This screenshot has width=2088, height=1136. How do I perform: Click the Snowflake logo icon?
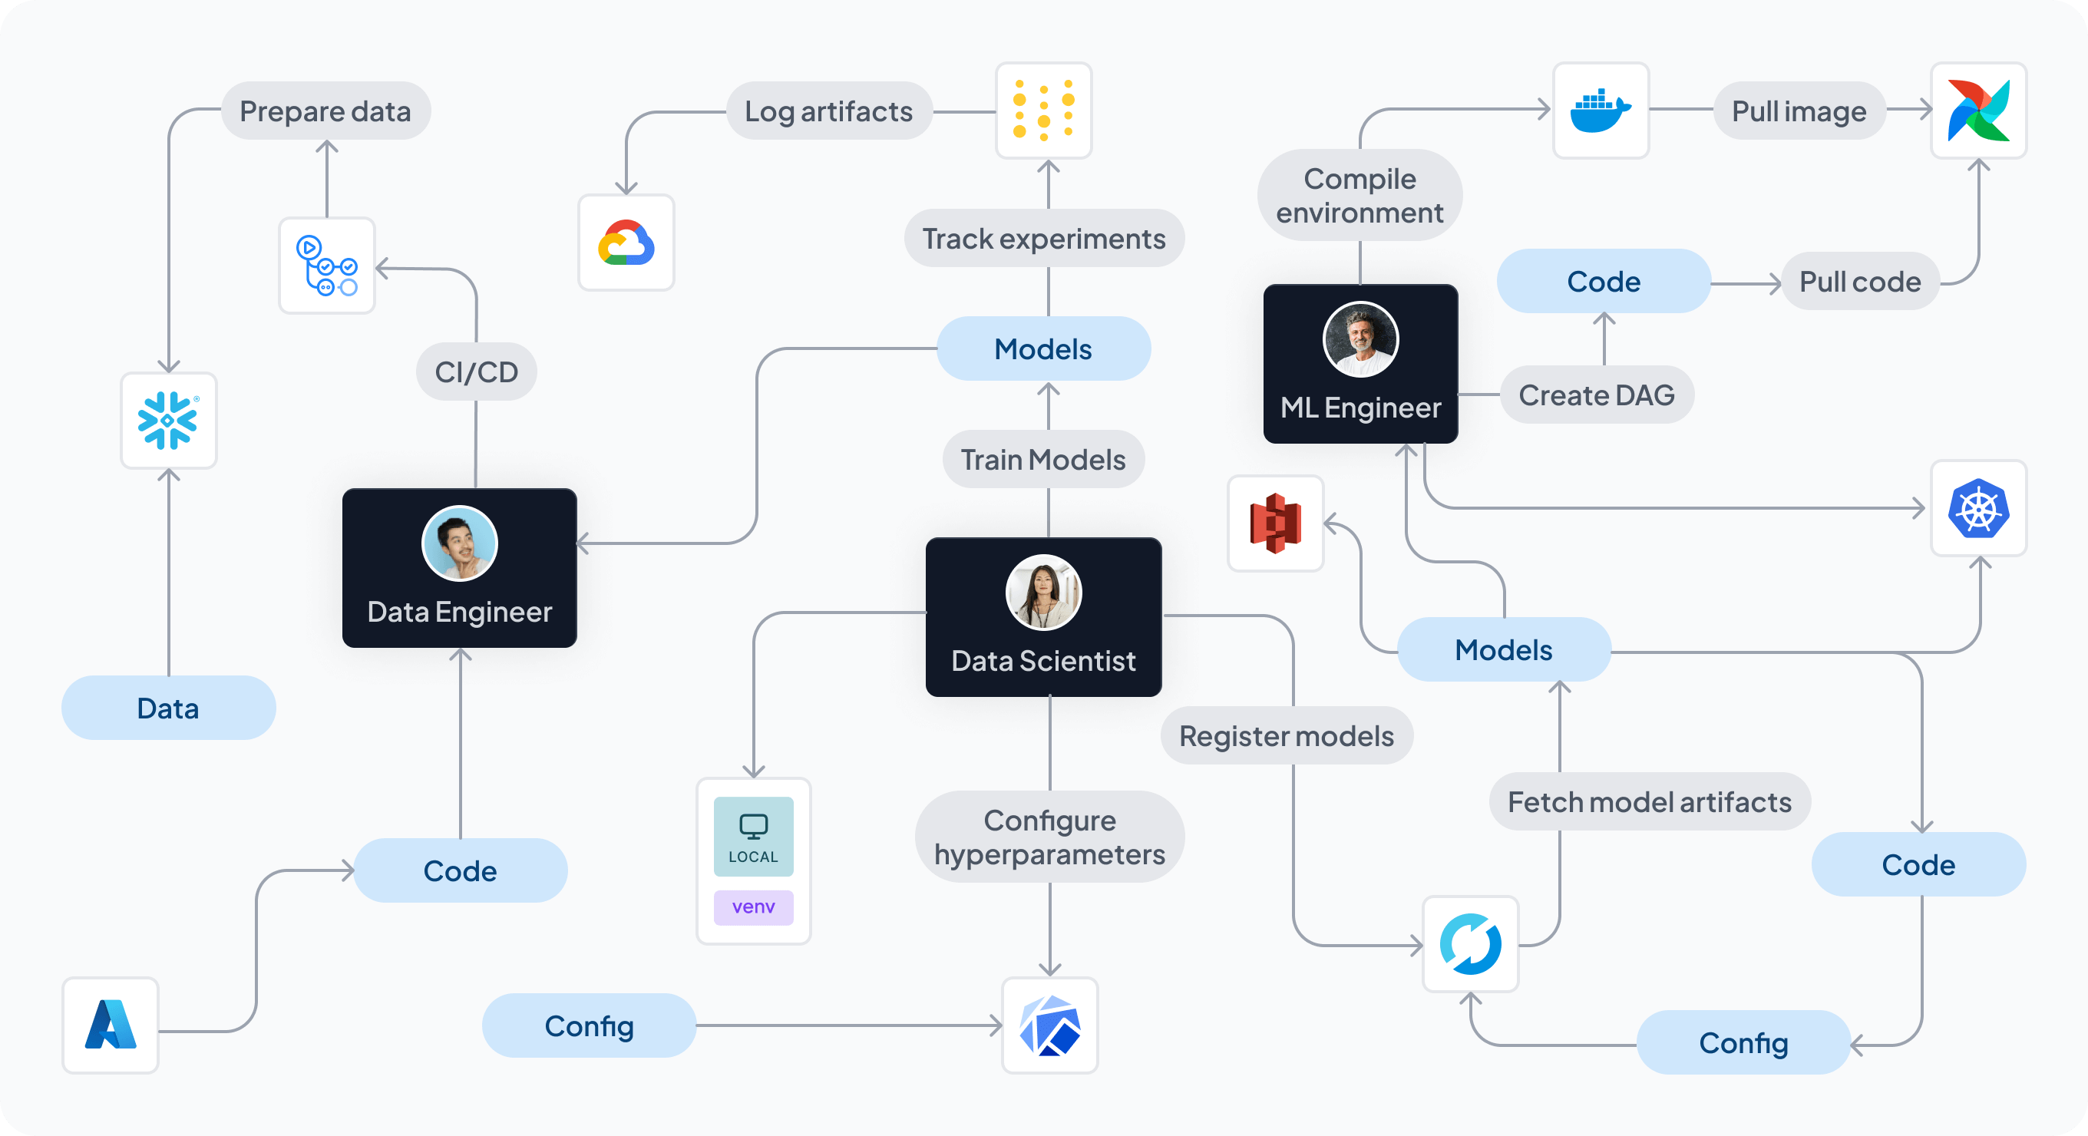(x=168, y=421)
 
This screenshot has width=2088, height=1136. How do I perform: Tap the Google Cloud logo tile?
(x=626, y=243)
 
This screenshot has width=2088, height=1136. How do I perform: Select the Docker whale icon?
(x=1600, y=111)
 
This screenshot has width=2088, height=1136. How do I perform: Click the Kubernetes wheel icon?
(x=1977, y=508)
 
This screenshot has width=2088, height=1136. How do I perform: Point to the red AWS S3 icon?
(x=1275, y=523)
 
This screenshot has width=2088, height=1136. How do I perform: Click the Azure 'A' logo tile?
(x=111, y=1025)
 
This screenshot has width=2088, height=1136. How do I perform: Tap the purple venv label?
(x=753, y=906)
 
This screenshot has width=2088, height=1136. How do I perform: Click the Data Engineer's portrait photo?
(x=460, y=543)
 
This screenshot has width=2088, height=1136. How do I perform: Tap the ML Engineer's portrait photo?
(x=1360, y=338)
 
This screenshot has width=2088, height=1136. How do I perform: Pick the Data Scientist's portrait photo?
(x=1043, y=593)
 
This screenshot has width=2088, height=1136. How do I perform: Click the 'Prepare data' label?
(x=325, y=111)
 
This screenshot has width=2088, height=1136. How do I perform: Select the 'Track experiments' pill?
(x=1043, y=239)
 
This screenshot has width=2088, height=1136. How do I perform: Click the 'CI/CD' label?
(x=476, y=372)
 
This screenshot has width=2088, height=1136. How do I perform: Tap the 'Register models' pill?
(x=1287, y=736)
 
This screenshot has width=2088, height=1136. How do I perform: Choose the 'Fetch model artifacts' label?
(x=1649, y=802)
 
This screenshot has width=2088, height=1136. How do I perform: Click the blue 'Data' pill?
(x=168, y=708)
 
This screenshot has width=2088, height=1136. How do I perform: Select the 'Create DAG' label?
(x=1596, y=395)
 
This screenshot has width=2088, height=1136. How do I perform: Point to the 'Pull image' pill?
(x=1799, y=111)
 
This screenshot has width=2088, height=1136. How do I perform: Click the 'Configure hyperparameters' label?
(x=1049, y=837)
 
